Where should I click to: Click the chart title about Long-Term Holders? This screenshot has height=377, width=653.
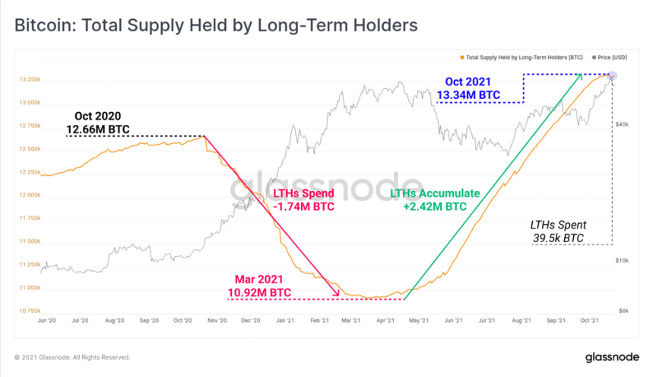[216, 25]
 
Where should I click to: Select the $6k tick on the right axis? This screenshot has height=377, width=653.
[623, 311]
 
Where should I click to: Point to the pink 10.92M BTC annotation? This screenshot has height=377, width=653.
[259, 292]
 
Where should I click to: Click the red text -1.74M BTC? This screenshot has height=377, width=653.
[304, 206]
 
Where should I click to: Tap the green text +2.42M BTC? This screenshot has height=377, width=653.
[436, 206]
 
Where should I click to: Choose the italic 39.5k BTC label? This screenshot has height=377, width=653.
[558, 238]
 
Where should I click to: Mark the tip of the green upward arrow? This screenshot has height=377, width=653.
[582, 75]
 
